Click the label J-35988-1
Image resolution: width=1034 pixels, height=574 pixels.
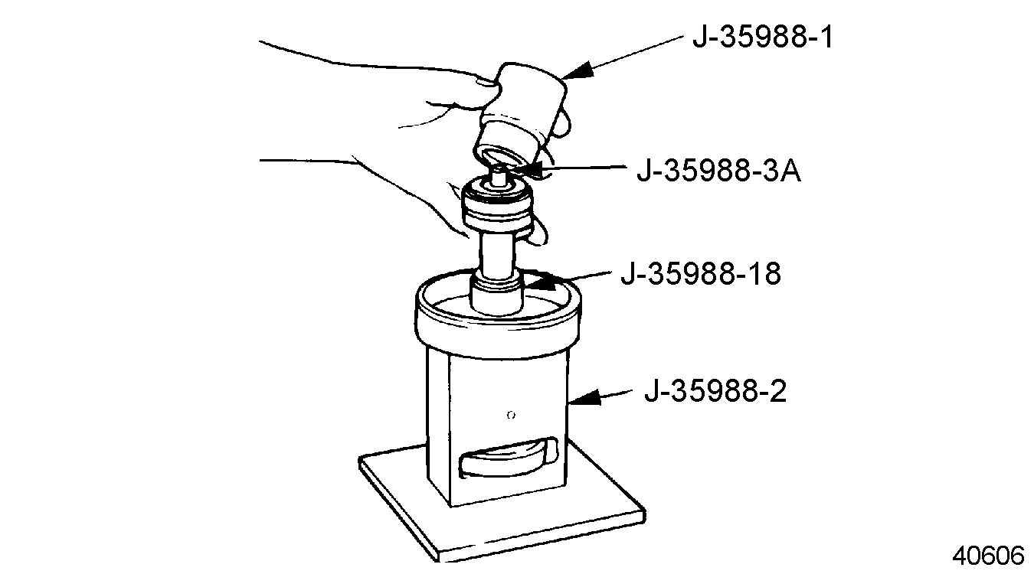[763, 37]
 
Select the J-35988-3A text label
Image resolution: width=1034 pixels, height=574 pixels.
[718, 171]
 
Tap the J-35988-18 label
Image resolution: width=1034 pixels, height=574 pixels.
[701, 274]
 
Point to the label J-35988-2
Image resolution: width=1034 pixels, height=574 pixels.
[715, 391]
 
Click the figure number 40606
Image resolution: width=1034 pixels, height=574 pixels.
[988, 556]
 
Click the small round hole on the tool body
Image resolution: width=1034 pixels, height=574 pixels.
[511, 416]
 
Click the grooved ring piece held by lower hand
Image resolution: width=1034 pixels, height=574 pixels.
[498, 206]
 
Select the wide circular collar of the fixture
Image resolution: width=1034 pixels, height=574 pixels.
[498, 318]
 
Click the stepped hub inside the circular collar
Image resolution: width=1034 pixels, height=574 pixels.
[496, 295]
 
